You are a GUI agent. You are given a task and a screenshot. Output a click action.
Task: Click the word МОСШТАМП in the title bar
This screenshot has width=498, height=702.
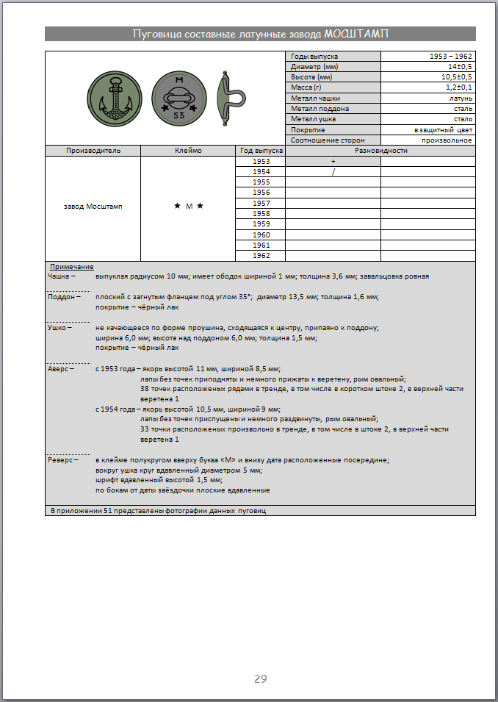pyautogui.click(x=357, y=34)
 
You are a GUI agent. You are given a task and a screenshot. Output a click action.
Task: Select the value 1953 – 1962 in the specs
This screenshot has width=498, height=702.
pyautogui.click(x=451, y=56)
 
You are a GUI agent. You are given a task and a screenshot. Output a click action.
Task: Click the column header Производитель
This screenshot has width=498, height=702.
pyautogui.click(x=93, y=151)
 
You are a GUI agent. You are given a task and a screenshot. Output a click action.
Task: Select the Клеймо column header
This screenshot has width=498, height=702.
pyautogui.click(x=188, y=151)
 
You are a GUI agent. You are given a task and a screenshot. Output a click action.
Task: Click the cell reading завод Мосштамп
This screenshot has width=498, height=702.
pyautogui.click(x=93, y=207)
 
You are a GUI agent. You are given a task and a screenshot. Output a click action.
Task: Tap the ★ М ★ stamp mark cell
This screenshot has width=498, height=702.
pyautogui.click(x=188, y=207)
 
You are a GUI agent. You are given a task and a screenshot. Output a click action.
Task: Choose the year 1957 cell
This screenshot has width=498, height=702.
pyautogui.click(x=261, y=203)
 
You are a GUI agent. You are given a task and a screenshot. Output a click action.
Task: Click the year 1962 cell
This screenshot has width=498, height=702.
pyautogui.click(x=261, y=255)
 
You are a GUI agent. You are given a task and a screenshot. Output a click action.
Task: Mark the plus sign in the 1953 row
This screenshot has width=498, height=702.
pyautogui.click(x=333, y=161)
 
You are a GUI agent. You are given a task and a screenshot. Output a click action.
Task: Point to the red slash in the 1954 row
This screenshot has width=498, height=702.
pyautogui.click(x=333, y=171)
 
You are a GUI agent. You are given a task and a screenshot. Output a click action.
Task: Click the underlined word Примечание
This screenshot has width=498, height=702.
pyautogui.click(x=71, y=266)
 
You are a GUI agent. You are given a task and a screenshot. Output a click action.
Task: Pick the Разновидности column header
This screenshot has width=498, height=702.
pyautogui.click(x=380, y=151)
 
